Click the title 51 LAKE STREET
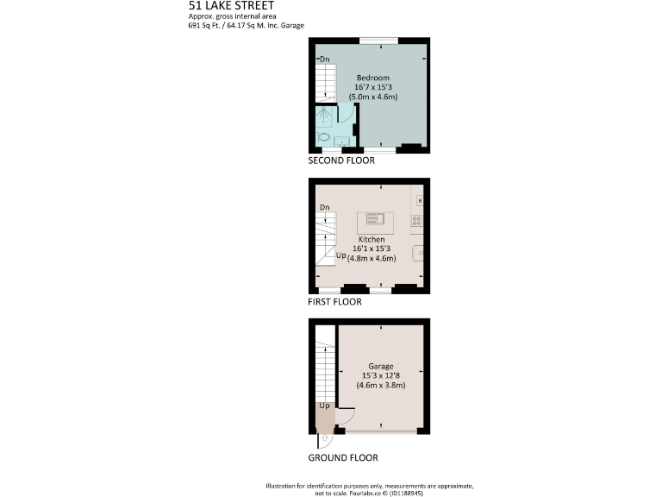tap(231, 5)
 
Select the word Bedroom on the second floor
tap(373, 77)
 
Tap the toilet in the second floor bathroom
tap(324, 136)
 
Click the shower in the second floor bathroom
tap(325, 116)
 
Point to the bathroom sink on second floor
tap(342, 142)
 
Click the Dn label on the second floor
tap(325, 59)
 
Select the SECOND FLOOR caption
tap(342, 161)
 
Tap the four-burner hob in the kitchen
tap(417, 220)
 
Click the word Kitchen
tap(372, 239)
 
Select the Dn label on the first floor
tap(325, 208)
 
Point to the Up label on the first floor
tap(340, 256)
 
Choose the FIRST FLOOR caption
tap(334, 302)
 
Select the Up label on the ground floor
tap(325, 406)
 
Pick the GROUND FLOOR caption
tap(342, 457)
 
